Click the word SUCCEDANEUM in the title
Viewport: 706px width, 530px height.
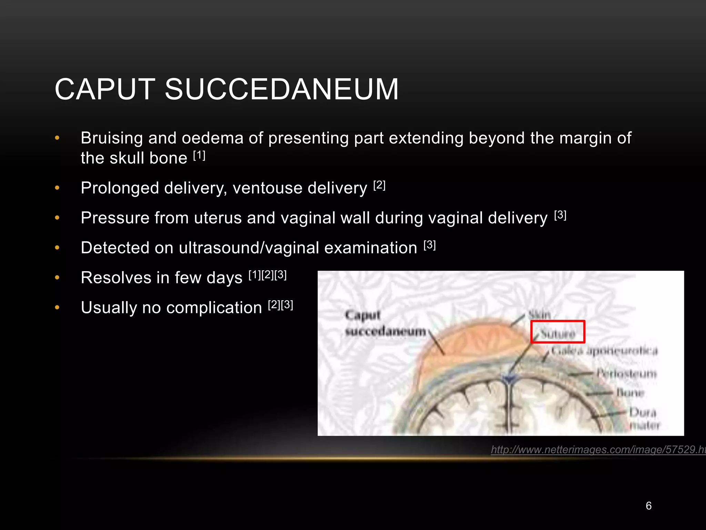tap(282, 89)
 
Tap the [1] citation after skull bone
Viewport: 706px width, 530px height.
tap(199, 156)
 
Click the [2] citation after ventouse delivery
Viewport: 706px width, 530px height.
tap(379, 186)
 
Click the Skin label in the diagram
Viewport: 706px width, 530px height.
tap(540, 315)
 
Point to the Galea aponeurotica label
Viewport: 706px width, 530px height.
tap(604, 351)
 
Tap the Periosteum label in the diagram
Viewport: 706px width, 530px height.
tap(627, 373)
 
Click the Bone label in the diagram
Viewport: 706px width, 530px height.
tap(631, 393)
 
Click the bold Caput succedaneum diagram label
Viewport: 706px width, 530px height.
tap(385, 323)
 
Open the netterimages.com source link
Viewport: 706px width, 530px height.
tap(598, 450)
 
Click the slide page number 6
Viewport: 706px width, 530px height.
tap(648, 506)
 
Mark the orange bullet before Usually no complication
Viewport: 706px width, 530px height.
tap(57, 307)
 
